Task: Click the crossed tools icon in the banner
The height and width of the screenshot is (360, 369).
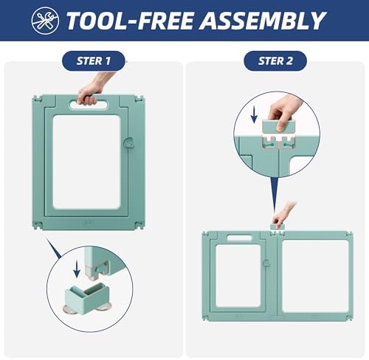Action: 45,21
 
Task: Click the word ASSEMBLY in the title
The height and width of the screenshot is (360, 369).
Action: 263,21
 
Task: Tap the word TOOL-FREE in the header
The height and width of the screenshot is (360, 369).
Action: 130,21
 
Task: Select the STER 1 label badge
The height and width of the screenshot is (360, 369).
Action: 94,61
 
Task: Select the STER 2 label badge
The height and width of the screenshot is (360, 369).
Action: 275,61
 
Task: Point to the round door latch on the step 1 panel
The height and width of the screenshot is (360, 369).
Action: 128,142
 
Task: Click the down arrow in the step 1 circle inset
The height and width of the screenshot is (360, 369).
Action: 77,269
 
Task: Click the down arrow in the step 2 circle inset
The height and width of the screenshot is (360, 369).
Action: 254,115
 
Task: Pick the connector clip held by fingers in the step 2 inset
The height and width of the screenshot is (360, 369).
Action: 278,127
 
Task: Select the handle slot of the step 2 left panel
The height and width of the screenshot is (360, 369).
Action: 239,238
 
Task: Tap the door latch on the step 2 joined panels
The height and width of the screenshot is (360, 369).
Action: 266,263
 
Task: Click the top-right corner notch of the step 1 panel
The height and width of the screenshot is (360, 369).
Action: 139,99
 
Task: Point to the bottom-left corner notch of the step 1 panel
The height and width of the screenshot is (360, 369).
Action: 38,225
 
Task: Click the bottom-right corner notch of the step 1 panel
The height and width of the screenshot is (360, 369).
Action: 139,225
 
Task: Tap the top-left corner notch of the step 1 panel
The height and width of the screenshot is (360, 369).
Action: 38,99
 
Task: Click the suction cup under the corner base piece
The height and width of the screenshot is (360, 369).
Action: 70,309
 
